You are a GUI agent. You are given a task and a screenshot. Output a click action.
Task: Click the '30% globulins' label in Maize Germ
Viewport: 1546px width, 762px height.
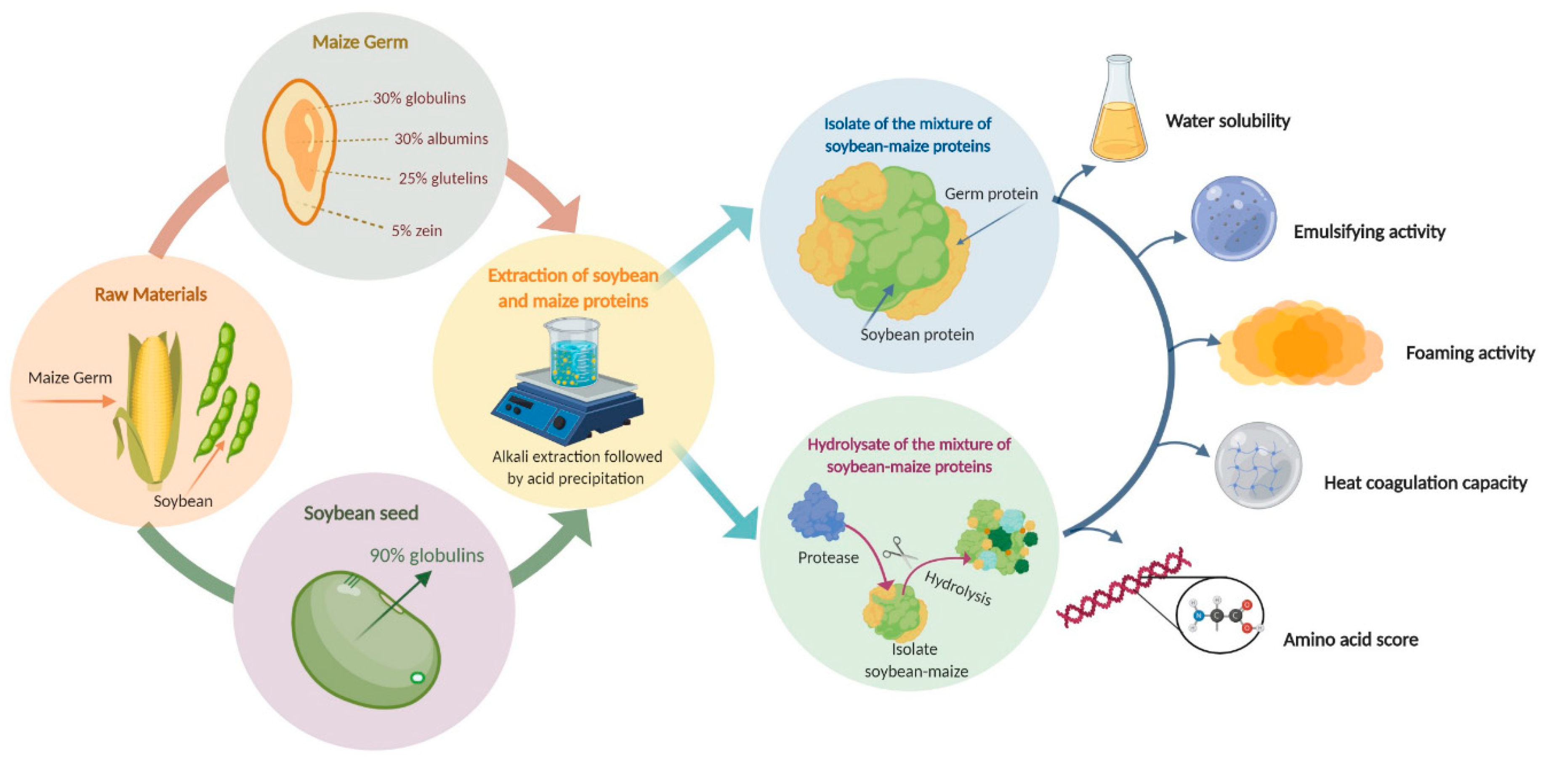419,98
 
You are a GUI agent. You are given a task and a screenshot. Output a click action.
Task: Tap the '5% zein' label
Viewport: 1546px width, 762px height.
417,231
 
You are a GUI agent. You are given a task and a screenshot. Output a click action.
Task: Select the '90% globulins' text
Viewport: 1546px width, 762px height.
427,555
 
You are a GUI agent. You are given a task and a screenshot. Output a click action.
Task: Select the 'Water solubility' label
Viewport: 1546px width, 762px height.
1227,121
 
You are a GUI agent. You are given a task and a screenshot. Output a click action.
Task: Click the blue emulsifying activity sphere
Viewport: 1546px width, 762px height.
1233,218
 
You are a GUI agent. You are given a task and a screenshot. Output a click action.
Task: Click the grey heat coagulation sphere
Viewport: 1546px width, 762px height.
1257,465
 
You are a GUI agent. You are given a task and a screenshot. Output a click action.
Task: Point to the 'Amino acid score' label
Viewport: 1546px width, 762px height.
1350,640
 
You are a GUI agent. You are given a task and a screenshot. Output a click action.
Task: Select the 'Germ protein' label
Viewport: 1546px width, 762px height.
991,194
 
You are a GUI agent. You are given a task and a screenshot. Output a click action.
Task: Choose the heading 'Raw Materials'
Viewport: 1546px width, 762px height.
151,295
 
